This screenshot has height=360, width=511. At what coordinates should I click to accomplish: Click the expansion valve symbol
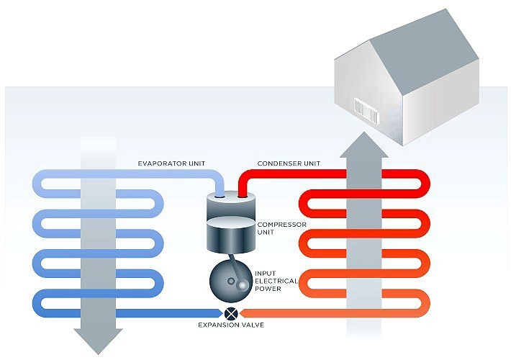pos(232,313)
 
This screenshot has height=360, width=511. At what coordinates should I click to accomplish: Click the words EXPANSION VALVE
pos(232,326)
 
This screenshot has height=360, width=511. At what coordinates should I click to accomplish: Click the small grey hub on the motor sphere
pos(243,286)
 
